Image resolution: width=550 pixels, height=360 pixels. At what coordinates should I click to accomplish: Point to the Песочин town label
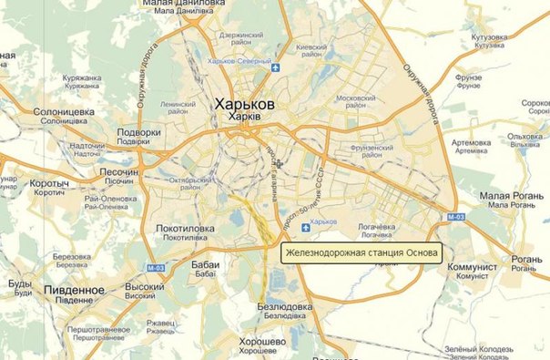(x=118, y=171)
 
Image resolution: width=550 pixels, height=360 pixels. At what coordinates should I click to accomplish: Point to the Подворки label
(x=139, y=132)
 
